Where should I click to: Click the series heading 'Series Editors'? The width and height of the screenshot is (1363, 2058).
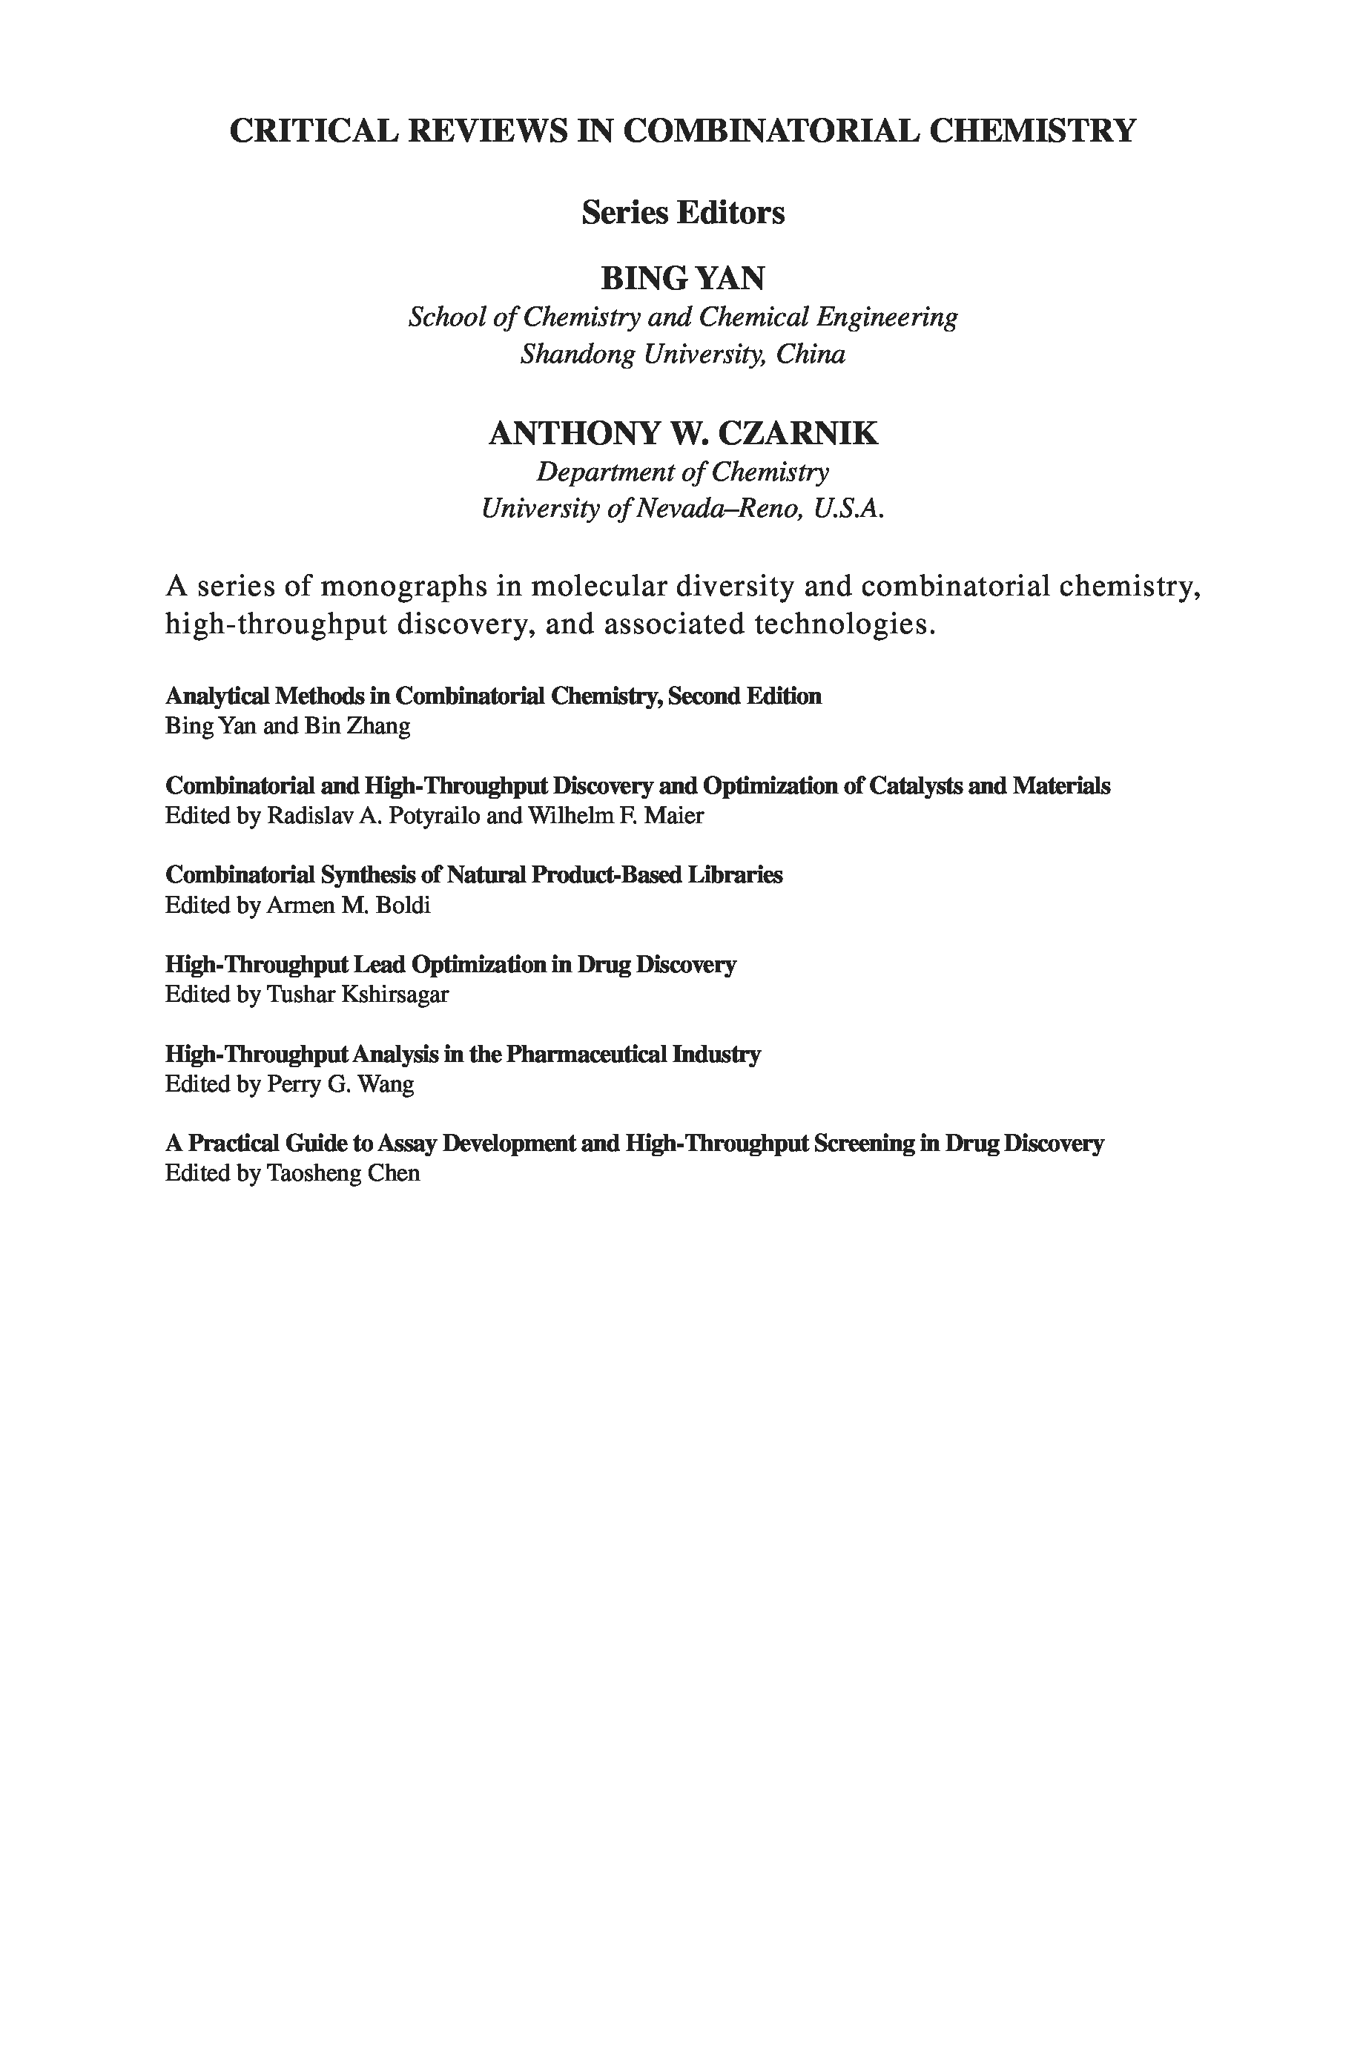[x=682, y=213]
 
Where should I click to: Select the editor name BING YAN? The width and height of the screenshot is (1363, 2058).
[x=682, y=279]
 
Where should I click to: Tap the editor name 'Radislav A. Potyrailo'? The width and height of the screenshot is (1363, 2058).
[x=372, y=815]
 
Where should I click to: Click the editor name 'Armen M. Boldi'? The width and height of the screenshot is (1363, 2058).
[x=348, y=906]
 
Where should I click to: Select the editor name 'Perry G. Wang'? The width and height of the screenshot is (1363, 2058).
[x=340, y=1084]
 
